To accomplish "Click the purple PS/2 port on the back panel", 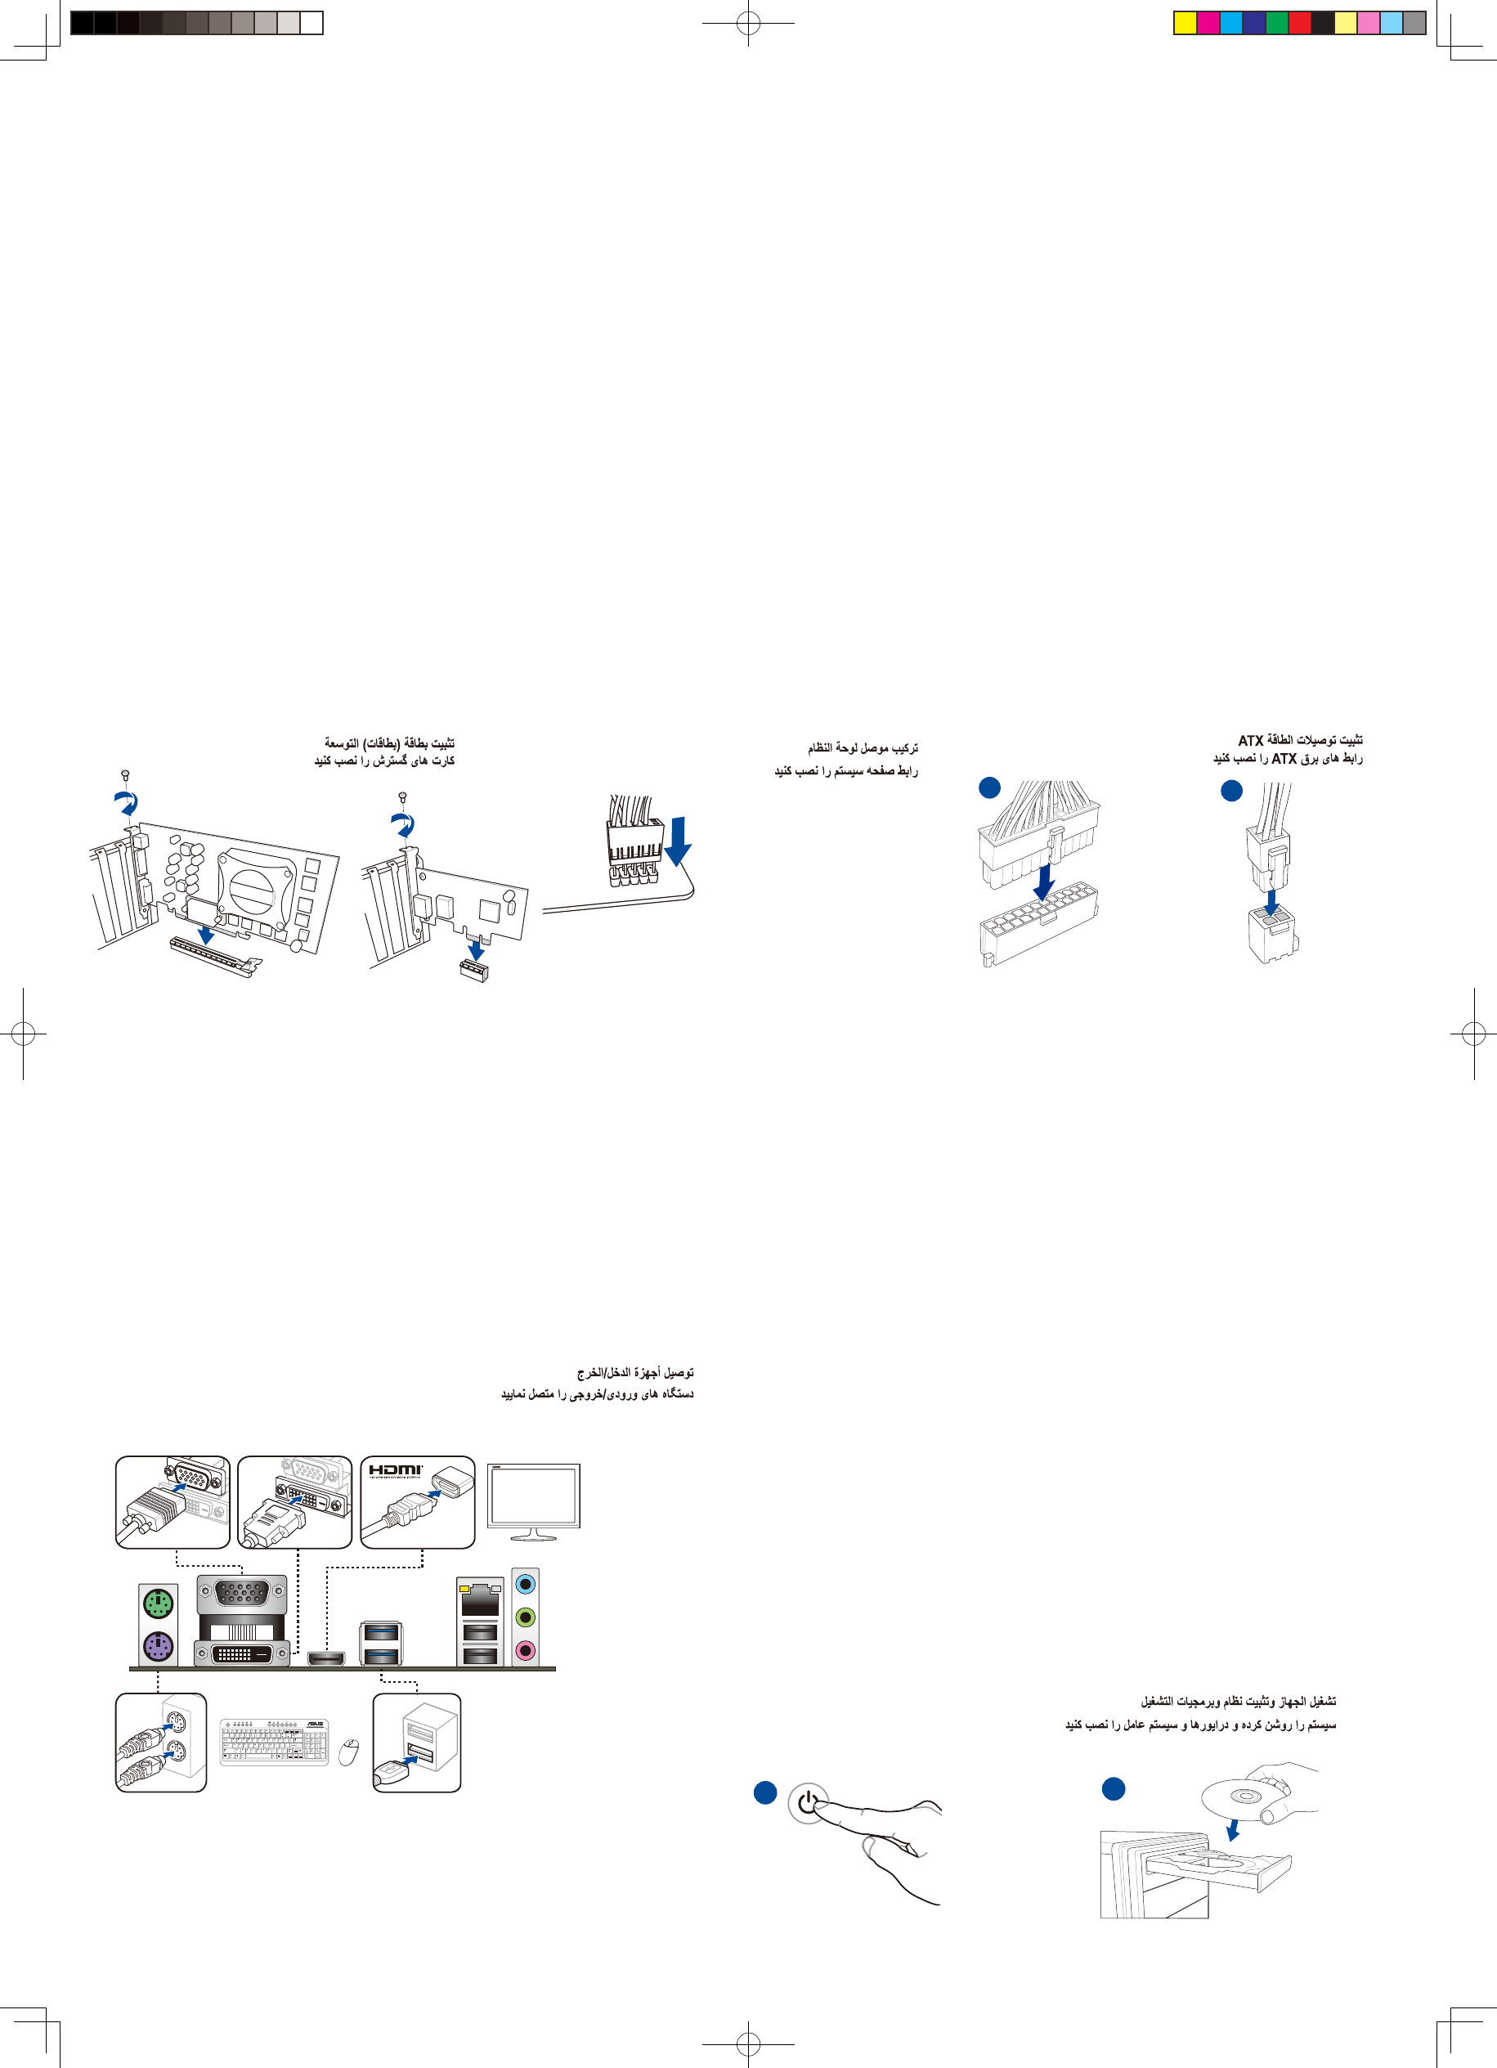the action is click(x=158, y=1647).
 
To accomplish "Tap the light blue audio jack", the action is click(x=525, y=1585).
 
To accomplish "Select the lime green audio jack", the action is click(x=525, y=1617).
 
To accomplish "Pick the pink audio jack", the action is click(x=525, y=1649).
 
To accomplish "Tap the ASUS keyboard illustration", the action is click(x=274, y=1742).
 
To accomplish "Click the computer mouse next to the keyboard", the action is click(x=348, y=1752).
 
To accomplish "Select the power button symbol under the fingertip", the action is click(x=808, y=1803).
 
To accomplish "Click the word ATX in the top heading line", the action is click(x=1251, y=740).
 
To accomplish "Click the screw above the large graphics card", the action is click(x=126, y=775).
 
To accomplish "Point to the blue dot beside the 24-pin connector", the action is click(x=989, y=787).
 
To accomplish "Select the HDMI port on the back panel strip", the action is click(x=325, y=1657).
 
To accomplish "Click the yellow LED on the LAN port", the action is click(x=465, y=1588).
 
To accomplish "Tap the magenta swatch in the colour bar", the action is click(x=1208, y=23).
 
